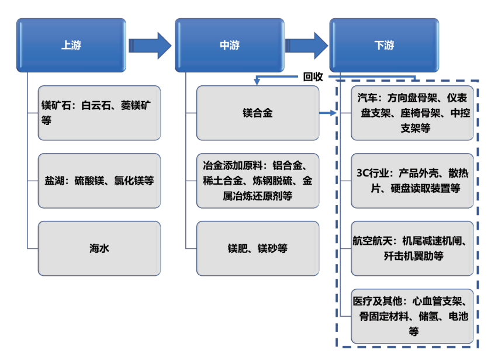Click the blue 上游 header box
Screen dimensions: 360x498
coord(71,45)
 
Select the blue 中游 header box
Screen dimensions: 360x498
coord(229,45)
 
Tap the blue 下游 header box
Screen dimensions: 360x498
coord(383,45)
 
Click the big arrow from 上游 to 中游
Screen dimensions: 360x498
coord(149,45)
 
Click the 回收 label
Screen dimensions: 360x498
coord(313,77)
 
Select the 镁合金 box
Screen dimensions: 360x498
coord(258,113)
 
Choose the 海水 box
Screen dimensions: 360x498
coord(99,248)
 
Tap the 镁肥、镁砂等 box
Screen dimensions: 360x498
coord(258,248)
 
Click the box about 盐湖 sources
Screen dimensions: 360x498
coord(99,181)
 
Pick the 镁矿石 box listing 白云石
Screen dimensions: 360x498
coord(99,113)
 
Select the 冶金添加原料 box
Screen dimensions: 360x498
coord(258,181)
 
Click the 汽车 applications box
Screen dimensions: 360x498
coord(412,113)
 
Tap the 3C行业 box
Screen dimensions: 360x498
coord(412,181)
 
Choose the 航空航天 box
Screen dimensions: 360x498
coord(412,248)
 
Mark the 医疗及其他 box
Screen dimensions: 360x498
coord(412,316)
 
